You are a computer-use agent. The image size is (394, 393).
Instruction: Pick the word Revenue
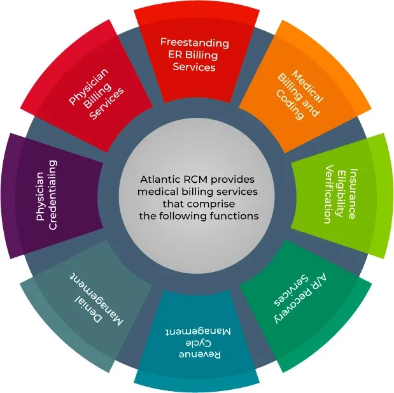197,353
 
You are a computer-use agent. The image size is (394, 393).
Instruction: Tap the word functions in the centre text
236,216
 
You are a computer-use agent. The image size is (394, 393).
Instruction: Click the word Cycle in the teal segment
197,342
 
